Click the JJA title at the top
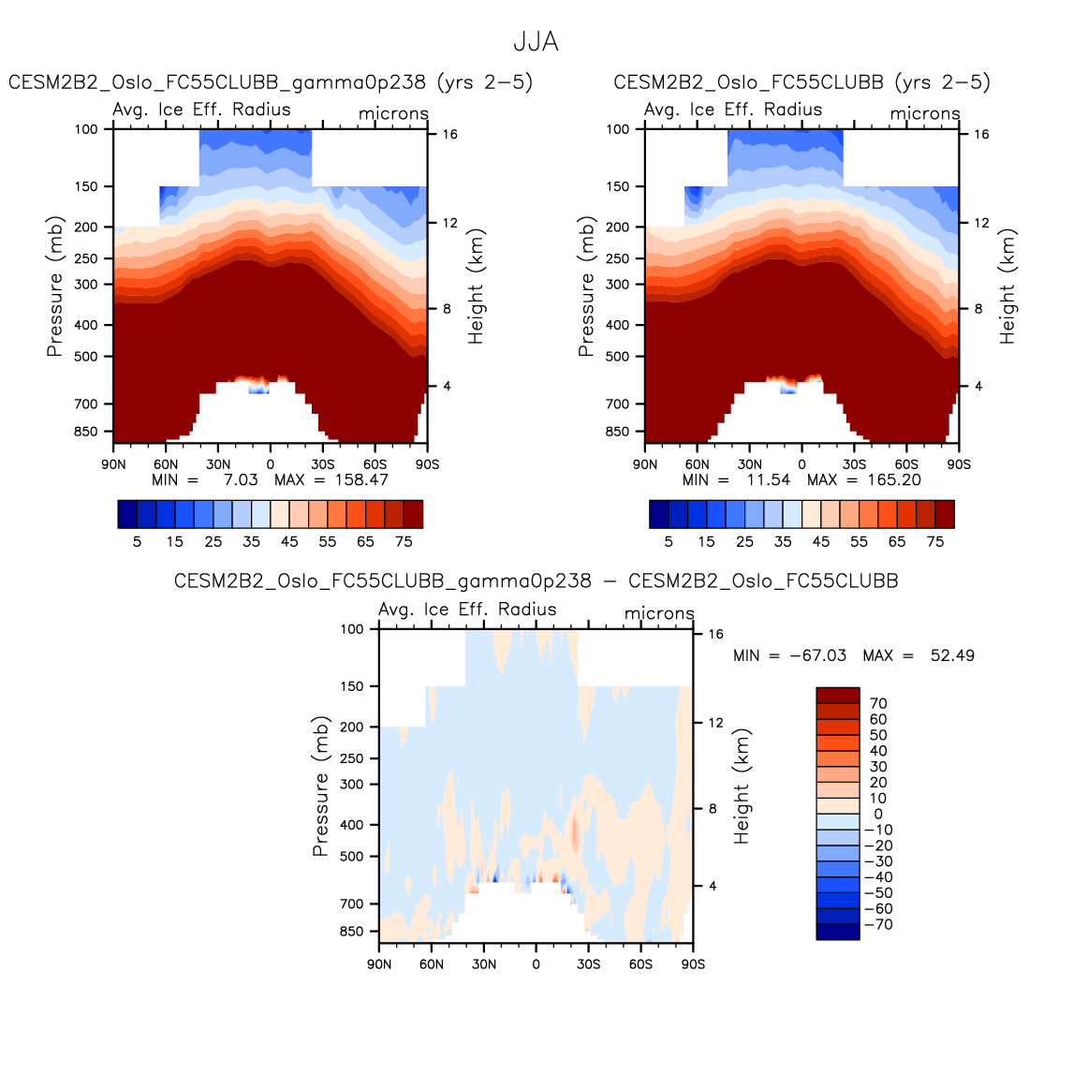(x=536, y=42)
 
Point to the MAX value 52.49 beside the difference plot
(x=952, y=655)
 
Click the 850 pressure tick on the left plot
(x=86, y=432)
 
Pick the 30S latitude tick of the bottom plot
(x=588, y=963)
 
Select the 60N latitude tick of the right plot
(x=698, y=463)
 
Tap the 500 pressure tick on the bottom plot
(x=352, y=857)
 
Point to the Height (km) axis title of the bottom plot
(x=742, y=786)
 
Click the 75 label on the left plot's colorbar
(x=404, y=541)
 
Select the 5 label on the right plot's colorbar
(x=669, y=541)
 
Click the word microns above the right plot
(x=925, y=113)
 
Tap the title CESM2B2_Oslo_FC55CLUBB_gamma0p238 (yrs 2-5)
(x=271, y=82)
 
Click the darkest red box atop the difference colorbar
(x=837, y=695)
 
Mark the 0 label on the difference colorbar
(x=877, y=814)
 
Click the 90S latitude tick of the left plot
(x=427, y=463)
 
